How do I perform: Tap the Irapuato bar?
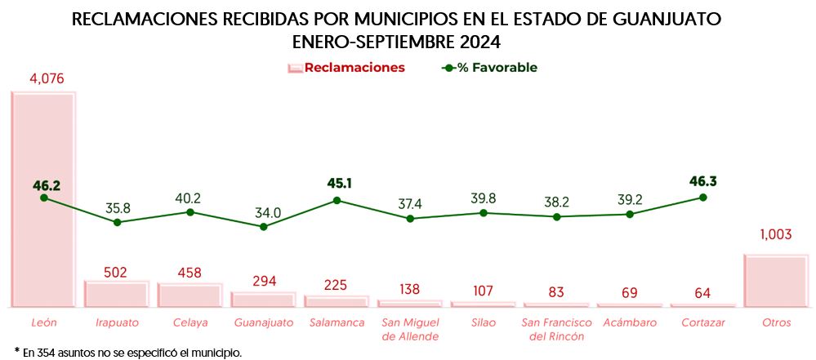(117, 294)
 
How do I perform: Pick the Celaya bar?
(190, 295)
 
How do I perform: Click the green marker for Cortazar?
(702, 198)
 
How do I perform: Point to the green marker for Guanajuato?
(263, 226)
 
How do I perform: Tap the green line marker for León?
(44, 198)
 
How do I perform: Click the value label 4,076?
(47, 79)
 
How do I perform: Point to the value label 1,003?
(776, 234)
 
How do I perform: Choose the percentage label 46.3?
(702, 181)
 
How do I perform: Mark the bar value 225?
(335, 285)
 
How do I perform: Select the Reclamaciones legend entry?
(346, 68)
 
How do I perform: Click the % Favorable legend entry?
(490, 68)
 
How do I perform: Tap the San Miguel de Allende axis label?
(410, 329)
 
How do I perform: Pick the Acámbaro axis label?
(630, 322)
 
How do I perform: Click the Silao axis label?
(484, 322)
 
